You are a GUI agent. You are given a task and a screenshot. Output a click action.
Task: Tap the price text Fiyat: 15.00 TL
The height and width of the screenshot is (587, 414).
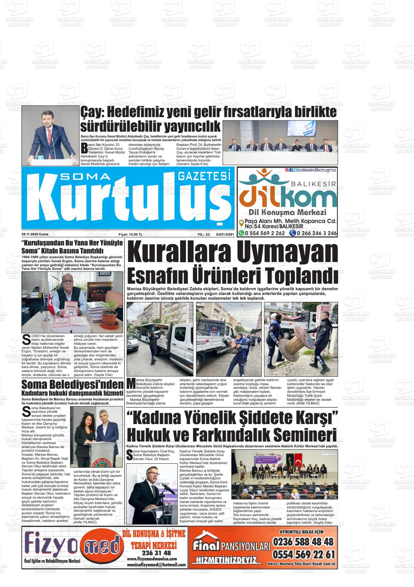pyautogui.click(x=130, y=235)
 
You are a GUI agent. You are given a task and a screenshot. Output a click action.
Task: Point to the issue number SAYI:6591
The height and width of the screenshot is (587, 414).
pyautogui.click(x=225, y=235)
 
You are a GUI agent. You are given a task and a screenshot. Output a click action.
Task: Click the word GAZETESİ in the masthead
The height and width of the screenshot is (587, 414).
pyautogui.click(x=204, y=176)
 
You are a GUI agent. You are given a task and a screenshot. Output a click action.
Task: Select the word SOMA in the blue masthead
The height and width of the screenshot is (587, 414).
pyautogui.click(x=85, y=177)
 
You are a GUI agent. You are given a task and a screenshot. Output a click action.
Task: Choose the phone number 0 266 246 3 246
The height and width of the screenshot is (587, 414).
pyautogui.click(x=316, y=233)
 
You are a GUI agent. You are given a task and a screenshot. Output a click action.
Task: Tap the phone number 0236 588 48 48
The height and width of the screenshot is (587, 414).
pyautogui.click(x=303, y=542)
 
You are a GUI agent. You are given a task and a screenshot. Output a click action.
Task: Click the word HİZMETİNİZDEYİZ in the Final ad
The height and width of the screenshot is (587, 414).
pyautogui.click(x=226, y=560)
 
